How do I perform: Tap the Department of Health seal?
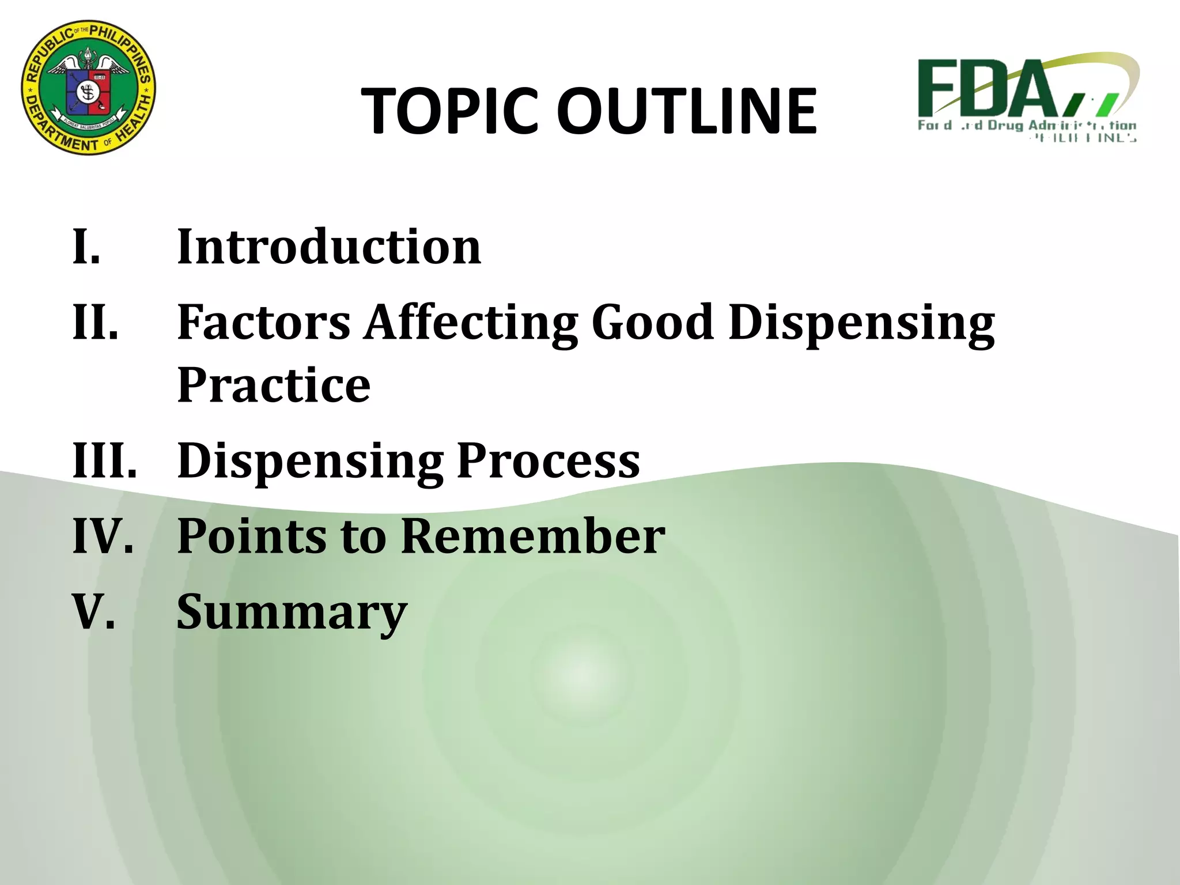[x=88, y=88]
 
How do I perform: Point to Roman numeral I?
[x=86, y=247]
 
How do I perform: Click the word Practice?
[x=274, y=385]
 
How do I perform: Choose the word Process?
[x=548, y=461]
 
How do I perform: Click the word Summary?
[x=292, y=613]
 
